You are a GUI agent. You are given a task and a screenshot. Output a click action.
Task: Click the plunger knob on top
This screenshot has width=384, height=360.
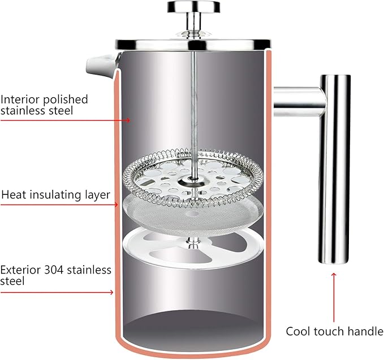193,7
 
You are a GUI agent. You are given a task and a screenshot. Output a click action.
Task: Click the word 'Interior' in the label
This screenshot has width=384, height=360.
20,99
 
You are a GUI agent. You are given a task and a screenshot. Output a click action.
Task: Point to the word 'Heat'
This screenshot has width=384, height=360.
14,195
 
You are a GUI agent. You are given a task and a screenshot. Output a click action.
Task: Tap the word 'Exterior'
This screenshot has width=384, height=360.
20,270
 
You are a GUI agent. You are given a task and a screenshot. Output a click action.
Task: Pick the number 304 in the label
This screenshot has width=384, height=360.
54,270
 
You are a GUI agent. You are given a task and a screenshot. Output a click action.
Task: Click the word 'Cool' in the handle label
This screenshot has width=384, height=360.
299,331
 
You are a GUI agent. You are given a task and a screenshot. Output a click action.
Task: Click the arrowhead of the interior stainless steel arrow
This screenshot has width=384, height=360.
128,120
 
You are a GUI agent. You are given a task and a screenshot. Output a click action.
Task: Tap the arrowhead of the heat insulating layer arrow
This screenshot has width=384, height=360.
116,205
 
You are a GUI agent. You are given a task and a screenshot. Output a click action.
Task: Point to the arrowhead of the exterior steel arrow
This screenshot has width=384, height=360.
111,292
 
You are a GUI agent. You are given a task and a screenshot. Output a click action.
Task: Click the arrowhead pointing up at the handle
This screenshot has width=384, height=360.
334,275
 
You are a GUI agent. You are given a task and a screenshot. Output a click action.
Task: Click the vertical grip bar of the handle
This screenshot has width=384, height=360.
334,169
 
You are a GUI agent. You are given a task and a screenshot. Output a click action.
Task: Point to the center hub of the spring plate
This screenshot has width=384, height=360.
193,181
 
